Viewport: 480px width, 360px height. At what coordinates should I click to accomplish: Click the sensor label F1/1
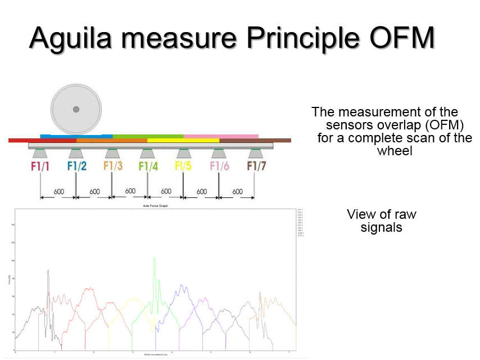pos(41,166)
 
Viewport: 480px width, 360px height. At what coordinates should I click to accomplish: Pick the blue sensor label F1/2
pos(76,166)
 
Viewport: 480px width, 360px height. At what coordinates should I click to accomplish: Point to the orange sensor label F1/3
pos(112,166)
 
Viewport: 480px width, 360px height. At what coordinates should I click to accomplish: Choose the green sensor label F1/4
pos(148,166)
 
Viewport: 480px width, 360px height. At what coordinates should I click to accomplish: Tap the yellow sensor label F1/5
pos(183,166)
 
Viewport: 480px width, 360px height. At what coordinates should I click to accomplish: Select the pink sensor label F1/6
pos(219,166)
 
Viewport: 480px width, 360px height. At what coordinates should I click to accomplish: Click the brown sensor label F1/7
pos(255,166)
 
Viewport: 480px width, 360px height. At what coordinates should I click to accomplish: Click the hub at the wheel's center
pos(76,109)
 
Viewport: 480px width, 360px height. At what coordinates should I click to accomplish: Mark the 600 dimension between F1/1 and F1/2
pos(58,192)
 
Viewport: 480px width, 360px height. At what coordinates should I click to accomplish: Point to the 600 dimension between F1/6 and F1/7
pos(237,192)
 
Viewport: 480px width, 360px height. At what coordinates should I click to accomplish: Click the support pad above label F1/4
pos(147,153)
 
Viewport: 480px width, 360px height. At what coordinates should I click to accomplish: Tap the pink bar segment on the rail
pos(221,136)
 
